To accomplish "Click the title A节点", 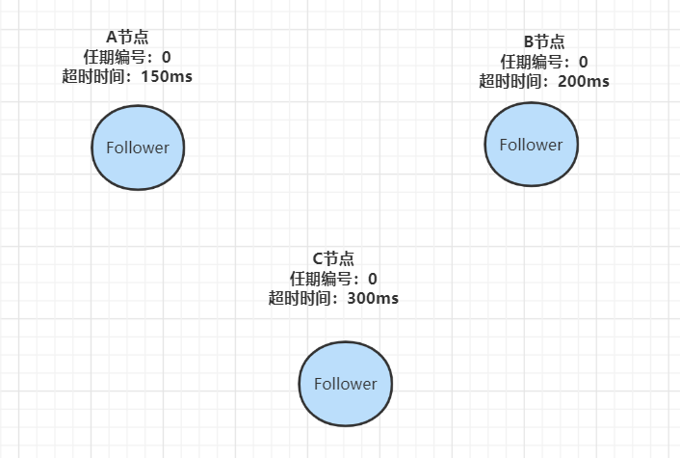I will (x=127, y=37).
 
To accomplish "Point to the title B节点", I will (x=544, y=41).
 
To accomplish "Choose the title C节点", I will (x=333, y=258).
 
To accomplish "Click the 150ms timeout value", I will (x=166, y=76).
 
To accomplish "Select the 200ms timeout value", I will (x=583, y=81).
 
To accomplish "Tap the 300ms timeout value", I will (x=373, y=298).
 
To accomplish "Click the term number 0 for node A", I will (x=167, y=57).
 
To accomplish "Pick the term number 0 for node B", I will (x=584, y=62).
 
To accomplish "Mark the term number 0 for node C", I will (x=373, y=279).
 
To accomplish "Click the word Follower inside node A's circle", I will (x=138, y=148).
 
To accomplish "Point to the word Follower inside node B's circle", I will (x=530, y=145).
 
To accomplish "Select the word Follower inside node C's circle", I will (x=345, y=383).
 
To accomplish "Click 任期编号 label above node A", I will (x=115, y=57).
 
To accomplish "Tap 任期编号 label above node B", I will (x=532, y=62).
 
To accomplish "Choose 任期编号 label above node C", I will (x=321, y=279).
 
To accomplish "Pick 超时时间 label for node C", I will (x=300, y=298).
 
